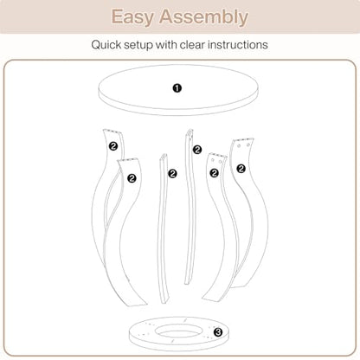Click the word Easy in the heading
[x=132, y=16]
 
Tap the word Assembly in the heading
[x=203, y=16]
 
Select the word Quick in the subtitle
[x=106, y=45]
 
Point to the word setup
[x=138, y=45]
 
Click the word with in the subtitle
[x=166, y=45]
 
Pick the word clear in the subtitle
[x=192, y=45]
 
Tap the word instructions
[x=238, y=45]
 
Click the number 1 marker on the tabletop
[x=177, y=88]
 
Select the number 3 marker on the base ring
[x=218, y=332]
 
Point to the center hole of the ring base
[x=177, y=331]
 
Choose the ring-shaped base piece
[x=145, y=335]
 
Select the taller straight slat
[x=190, y=206]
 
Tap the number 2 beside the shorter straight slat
[x=172, y=174]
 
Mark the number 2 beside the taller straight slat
[x=197, y=150]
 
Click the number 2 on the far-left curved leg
[x=113, y=146]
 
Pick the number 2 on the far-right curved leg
[x=241, y=169]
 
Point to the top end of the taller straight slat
[x=190, y=131]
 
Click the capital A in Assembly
[x=167, y=16]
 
